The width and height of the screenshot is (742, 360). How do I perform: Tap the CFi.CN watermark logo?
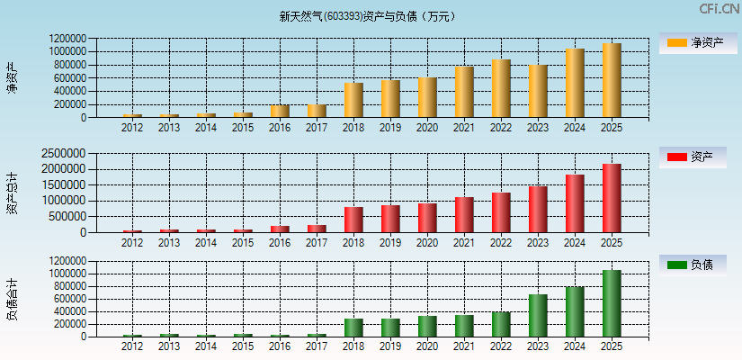point(719,9)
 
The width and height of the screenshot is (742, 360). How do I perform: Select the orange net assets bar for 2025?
point(612,80)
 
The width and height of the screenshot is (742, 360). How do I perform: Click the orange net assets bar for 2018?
point(353,100)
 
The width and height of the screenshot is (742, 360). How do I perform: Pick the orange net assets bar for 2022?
point(501,88)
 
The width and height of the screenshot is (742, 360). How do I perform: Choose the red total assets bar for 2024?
point(575,203)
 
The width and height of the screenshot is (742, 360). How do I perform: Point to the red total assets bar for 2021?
point(464,214)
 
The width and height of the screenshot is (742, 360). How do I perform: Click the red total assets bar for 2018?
point(353,220)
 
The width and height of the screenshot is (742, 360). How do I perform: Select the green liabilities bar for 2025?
point(612,303)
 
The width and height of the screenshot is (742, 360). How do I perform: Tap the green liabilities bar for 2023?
point(538,315)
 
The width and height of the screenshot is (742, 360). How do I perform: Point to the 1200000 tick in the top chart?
point(68,40)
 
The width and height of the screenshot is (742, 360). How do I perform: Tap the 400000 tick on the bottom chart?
point(71,310)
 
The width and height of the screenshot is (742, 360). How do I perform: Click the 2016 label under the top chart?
point(280,128)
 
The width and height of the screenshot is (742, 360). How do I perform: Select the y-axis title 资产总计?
point(12,193)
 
